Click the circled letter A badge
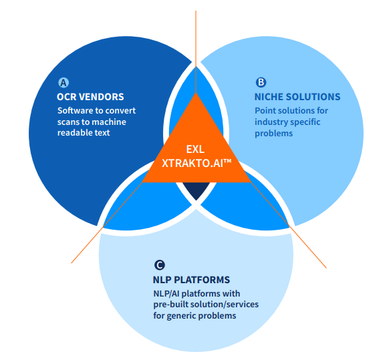(x=64, y=83)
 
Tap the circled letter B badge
(x=261, y=83)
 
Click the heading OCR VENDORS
(x=90, y=97)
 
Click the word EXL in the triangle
(x=195, y=149)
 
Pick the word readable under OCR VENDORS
(x=75, y=133)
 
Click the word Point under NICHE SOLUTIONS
(x=266, y=111)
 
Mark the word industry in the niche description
(x=271, y=122)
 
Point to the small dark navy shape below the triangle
(x=195, y=190)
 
